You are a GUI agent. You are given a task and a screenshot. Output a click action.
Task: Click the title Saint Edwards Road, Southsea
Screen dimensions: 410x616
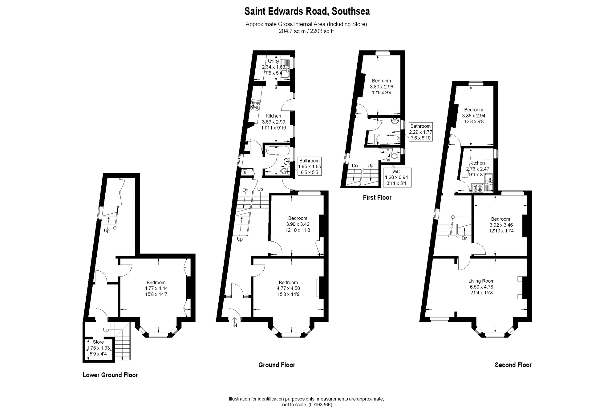[x=307, y=11]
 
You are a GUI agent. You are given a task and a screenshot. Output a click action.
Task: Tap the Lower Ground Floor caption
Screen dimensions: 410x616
[x=110, y=375]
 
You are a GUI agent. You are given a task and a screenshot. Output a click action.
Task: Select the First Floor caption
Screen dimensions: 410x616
[x=377, y=198]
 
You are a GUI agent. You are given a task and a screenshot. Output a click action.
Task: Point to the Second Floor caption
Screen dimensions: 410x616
[x=513, y=365]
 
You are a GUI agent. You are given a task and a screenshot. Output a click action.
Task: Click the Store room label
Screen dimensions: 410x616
[x=98, y=342]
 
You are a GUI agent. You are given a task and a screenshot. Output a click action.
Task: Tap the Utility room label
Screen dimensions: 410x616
[x=273, y=61]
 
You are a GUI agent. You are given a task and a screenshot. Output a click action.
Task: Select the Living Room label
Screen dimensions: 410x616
[x=481, y=281]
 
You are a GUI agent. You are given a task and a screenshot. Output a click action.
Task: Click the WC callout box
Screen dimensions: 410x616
[x=397, y=178]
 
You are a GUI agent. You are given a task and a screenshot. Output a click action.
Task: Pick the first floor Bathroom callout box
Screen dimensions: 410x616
[x=420, y=132]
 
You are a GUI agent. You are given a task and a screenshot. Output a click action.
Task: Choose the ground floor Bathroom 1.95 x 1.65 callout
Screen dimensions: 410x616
[x=310, y=166]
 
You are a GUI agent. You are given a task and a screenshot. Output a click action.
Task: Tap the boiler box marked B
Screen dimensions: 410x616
[x=245, y=172]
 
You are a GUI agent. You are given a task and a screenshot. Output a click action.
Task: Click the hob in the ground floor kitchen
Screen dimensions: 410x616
[x=255, y=105]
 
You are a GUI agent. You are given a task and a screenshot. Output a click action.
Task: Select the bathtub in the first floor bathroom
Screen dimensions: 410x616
[x=387, y=140]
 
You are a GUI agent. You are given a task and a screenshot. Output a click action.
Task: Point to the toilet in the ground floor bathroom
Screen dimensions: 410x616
[x=284, y=170]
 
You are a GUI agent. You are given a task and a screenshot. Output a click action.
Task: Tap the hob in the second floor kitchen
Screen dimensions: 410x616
[x=478, y=187]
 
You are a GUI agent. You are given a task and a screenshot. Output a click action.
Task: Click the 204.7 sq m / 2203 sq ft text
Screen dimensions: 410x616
[x=306, y=31]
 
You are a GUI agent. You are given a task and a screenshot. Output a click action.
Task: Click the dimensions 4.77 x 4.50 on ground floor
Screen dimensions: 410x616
[x=288, y=289]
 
